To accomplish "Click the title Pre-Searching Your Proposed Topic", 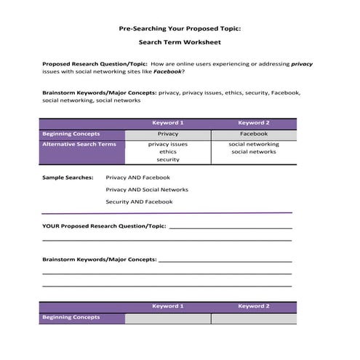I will tap(179, 29).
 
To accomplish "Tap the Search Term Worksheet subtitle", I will tap(179, 44).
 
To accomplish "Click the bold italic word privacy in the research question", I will tap(301, 64).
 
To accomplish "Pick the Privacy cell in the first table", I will tap(167, 135).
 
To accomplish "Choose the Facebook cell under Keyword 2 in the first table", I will tap(253, 135).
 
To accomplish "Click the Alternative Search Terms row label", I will tap(79, 145).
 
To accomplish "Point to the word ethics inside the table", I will tap(168, 152).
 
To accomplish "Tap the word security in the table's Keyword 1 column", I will tap(168, 160).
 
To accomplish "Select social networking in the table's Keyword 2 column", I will tap(253, 145).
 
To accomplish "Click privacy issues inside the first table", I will tap(168, 145).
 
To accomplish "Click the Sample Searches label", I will tap(68, 177).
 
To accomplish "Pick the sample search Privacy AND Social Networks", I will tap(147, 189).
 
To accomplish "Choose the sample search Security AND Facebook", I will tap(139, 201).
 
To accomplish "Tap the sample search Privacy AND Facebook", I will tap(138, 177).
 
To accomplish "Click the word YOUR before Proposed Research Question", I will tap(51, 226).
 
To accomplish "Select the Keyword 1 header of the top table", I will tap(167, 123).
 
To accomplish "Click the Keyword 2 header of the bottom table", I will tap(253, 307).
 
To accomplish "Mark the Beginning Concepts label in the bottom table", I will tap(71, 318).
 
